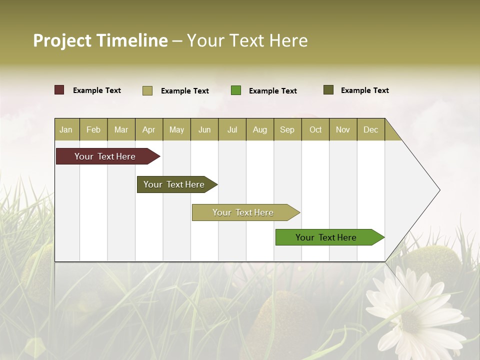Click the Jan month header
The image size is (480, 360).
(66, 129)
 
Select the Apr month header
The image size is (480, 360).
(148, 129)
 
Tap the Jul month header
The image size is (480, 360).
(232, 129)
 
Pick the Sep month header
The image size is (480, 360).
(287, 129)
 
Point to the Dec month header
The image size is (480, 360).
(370, 129)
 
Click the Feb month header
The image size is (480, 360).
(93, 129)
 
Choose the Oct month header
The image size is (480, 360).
(315, 129)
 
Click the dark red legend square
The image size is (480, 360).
(59, 90)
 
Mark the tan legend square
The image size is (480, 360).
(147, 90)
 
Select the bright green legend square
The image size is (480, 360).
(236, 90)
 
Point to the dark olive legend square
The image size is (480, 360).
(328, 90)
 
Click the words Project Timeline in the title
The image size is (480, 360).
(100, 40)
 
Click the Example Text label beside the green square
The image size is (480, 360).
(272, 91)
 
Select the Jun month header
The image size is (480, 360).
(204, 129)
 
